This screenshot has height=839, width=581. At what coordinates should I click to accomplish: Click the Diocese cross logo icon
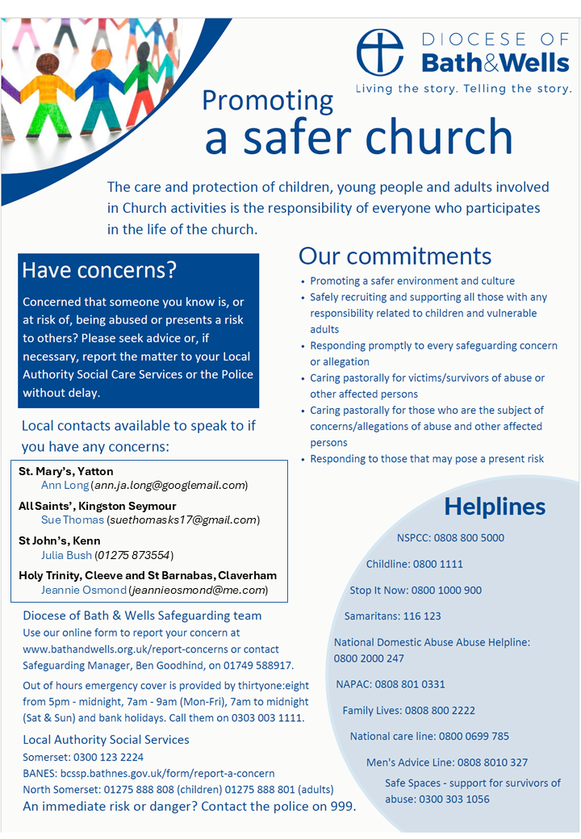pyautogui.click(x=383, y=53)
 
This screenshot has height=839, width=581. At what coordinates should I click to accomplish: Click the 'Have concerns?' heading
pyautogui.click(x=98, y=270)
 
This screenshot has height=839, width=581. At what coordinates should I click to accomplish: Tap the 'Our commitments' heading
pyautogui.click(x=395, y=256)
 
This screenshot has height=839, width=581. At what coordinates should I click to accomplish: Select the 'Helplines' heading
pyautogui.click(x=495, y=507)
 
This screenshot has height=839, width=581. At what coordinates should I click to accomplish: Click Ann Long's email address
pyautogui.click(x=169, y=486)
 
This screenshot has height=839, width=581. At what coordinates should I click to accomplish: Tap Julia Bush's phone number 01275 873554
pyautogui.click(x=134, y=555)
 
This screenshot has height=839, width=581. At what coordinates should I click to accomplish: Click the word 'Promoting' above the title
pyautogui.click(x=267, y=100)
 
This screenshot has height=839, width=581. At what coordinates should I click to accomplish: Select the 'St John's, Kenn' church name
pyautogui.click(x=59, y=541)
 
